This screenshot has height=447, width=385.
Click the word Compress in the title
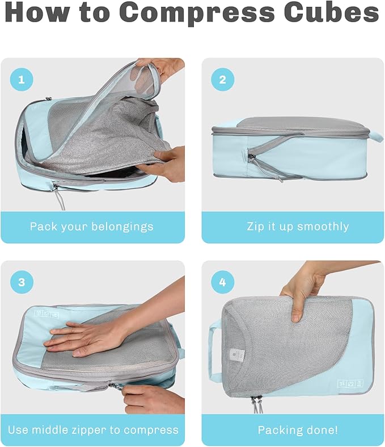point(212,13)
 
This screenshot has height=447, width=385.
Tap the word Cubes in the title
point(335,13)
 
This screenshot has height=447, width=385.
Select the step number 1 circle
point(22,80)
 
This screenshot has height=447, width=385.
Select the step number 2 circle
point(222,80)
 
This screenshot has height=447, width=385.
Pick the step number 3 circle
point(22,282)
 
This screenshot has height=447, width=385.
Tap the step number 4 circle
point(222,282)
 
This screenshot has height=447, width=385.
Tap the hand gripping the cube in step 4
point(306,290)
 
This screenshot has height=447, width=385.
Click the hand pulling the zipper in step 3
point(150,398)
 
